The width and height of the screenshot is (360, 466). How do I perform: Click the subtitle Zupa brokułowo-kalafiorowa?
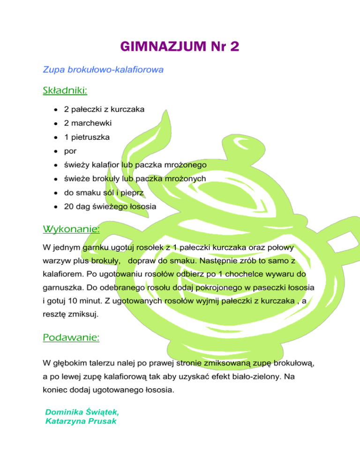103,70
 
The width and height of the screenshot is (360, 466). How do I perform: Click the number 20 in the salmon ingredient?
69,206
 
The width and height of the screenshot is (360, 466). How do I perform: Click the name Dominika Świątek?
82,412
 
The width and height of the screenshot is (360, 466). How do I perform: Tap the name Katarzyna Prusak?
80,421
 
